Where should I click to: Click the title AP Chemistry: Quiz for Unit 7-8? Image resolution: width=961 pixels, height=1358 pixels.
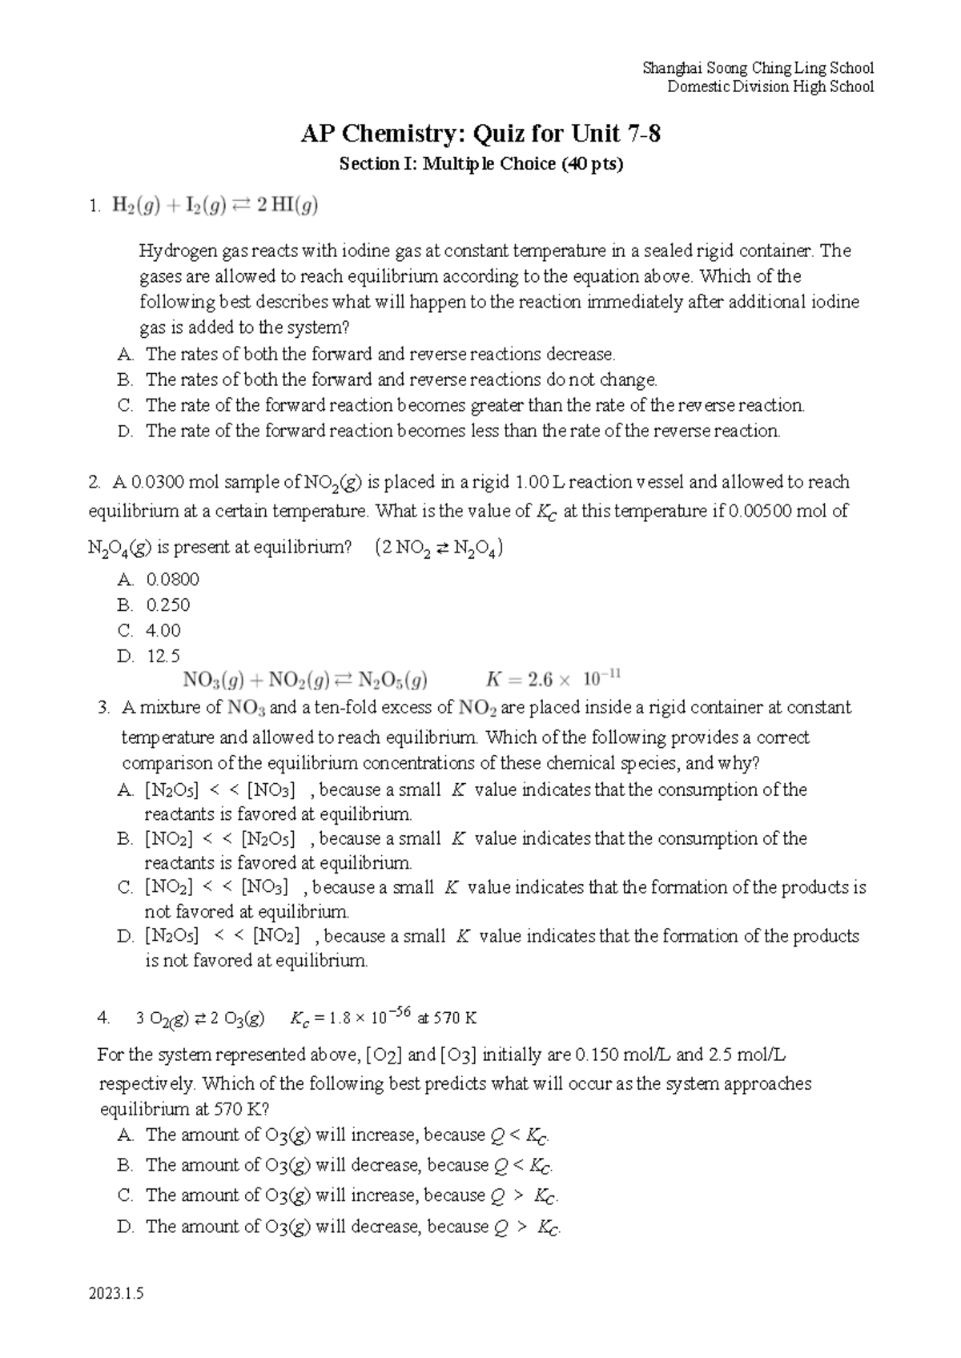pos(480,134)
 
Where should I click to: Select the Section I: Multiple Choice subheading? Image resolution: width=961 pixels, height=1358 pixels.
pos(480,164)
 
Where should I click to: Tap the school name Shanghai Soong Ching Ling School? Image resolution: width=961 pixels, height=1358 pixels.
pos(758,68)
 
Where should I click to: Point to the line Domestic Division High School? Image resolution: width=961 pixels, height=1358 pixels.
pos(770,86)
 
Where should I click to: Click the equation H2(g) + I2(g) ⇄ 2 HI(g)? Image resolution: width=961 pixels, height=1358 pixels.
pos(214,207)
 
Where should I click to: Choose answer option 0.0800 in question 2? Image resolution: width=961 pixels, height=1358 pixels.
pos(172,579)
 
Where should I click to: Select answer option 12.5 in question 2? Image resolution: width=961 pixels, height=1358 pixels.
pos(163,656)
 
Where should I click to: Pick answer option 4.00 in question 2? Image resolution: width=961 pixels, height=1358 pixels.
pos(163,630)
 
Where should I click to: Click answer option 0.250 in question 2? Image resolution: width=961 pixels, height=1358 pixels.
pos(167,605)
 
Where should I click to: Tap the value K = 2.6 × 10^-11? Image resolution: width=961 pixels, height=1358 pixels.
pos(553,680)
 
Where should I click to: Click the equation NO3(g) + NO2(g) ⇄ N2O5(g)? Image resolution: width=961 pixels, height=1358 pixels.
pos(305,681)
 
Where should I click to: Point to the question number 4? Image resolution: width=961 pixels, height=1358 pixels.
pos(103,1018)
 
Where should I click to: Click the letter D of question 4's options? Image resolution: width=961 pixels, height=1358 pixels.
pos(124,1227)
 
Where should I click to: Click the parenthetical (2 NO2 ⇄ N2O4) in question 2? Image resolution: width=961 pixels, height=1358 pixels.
pos(438,548)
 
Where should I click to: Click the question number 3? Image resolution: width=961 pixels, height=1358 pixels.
pos(103,708)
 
